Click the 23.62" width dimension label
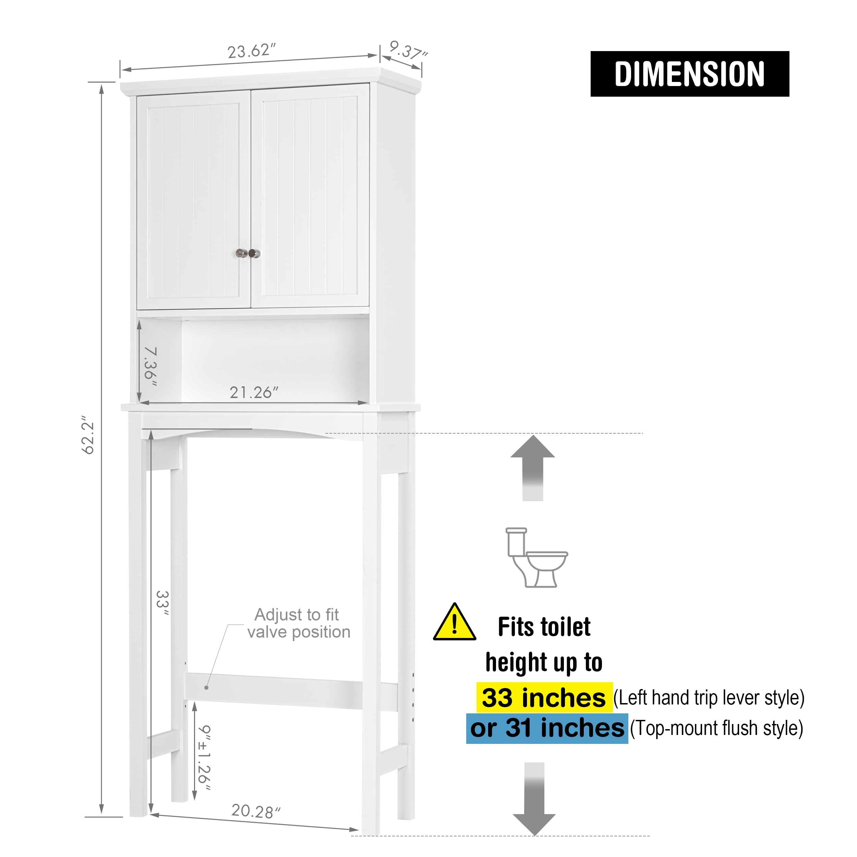point(252,51)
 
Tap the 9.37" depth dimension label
point(408,50)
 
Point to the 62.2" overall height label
point(88,435)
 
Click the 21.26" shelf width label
point(254,392)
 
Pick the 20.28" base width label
point(256,811)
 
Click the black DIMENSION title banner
point(690,74)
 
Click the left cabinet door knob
point(241,253)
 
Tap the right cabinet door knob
point(255,253)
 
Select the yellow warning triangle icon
point(455,622)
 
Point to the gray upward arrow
point(532,468)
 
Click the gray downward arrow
point(534,799)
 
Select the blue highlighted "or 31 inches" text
point(547,728)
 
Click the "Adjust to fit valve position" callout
point(299,623)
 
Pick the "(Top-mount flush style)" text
point(717,728)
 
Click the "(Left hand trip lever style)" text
point(709,698)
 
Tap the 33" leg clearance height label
point(163,603)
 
